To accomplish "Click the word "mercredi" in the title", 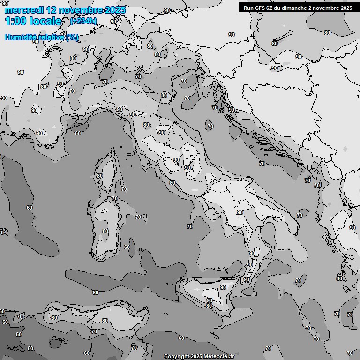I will coord(22,10).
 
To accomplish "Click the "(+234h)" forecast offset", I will coord(83,21).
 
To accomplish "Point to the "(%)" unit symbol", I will coord(72,37).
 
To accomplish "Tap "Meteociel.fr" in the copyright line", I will coord(218,357).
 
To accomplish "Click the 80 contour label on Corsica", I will coord(99,176).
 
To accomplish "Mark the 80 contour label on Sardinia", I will coord(105,231).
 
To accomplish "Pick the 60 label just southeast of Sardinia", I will coord(127,247).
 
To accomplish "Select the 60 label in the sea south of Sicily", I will coord(181,338).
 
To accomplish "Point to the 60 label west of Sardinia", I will coord(30,208).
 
